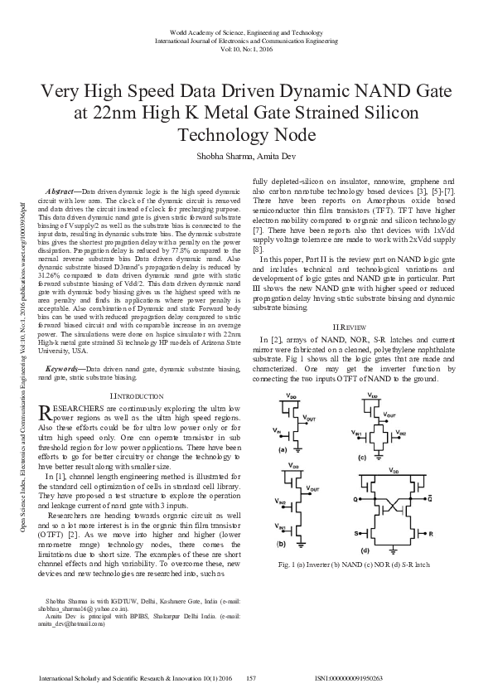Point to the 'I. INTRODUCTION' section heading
tap(139, 398)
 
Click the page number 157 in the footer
tap(253, 679)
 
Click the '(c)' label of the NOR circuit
tap(361, 457)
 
